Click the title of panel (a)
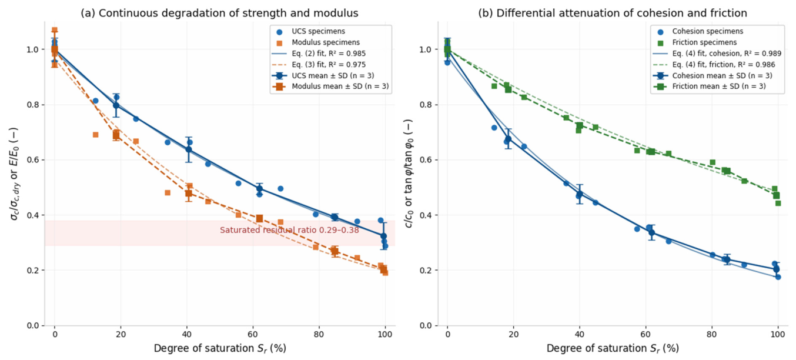[x=219, y=13]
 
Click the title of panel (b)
[x=612, y=13]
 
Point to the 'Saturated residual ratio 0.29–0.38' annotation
[x=289, y=230]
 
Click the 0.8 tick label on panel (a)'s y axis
[x=33, y=105]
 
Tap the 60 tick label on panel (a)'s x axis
[x=253, y=334]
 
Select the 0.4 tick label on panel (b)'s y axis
[x=426, y=215]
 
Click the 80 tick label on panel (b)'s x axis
[x=712, y=334]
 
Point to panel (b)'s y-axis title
[x=409, y=174]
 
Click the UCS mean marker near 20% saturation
[x=116, y=105]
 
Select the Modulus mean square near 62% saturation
[x=259, y=218]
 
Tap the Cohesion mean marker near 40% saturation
[x=580, y=194]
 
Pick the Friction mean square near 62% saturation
[x=652, y=152]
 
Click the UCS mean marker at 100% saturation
[x=383, y=236]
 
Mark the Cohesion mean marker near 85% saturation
[x=727, y=259]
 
